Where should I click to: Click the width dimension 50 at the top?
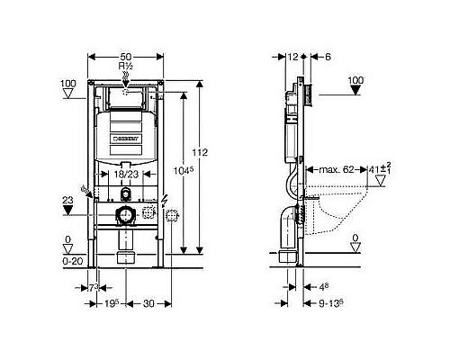tap(128, 56)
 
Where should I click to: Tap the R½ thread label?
tap(128, 66)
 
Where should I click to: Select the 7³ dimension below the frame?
tap(96, 285)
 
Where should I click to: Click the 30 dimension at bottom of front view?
tap(145, 303)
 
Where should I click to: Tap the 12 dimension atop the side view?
tap(292, 56)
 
